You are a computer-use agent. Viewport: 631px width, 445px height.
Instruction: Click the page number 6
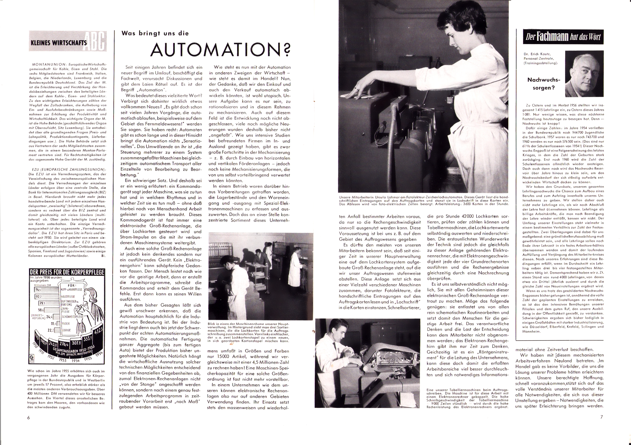point(28,417)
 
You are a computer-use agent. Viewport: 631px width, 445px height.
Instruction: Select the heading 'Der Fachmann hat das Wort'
point(561,37)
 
